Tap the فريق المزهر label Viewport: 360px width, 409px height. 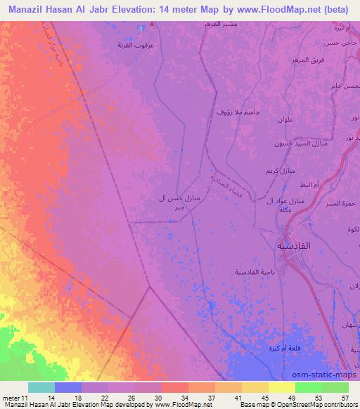[307, 60]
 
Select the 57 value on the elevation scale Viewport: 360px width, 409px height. [346, 398]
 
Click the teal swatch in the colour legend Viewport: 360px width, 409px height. [41, 387]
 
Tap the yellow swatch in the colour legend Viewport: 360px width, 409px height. [282, 387]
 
